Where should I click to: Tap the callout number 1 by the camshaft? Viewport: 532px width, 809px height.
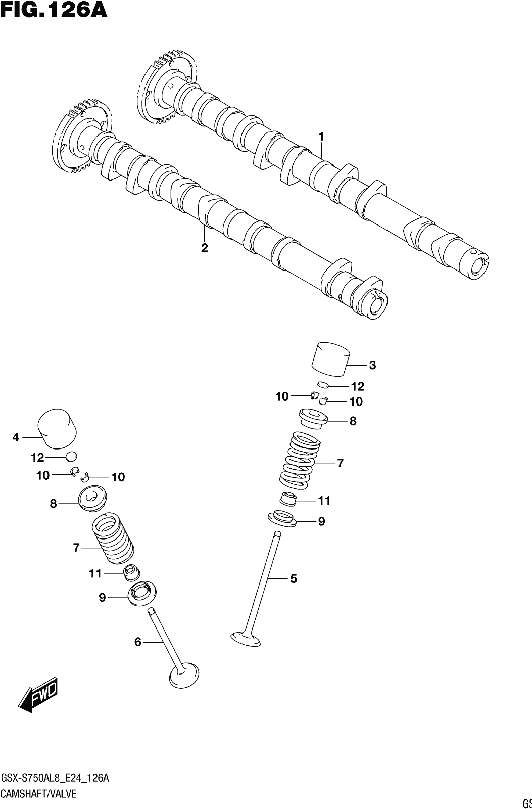(321, 137)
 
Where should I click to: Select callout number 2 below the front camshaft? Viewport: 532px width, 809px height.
(204, 248)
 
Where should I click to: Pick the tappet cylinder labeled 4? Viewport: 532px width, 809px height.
(58, 429)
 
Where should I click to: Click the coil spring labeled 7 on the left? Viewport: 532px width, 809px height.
(113, 539)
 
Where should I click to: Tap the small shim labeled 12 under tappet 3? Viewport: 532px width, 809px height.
(324, 384)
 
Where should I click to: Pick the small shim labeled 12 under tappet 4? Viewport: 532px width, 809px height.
(71, 457)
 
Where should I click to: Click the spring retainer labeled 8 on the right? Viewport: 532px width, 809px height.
(313, 419)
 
